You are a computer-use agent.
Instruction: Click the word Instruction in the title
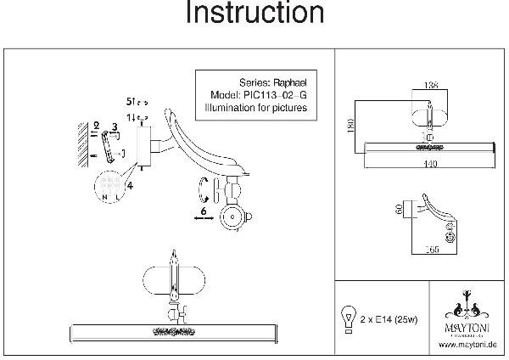point(255,14)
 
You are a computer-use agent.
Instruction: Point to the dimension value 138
point(431,87)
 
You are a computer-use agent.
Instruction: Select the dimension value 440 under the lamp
point(432,164)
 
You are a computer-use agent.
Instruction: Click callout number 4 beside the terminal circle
point(130,185)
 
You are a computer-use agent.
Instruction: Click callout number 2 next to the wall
point(97,125)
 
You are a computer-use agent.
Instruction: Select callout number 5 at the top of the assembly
point(129,98)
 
